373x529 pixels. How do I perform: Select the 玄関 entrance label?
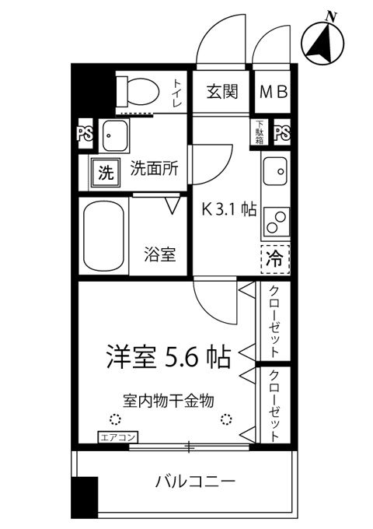click(x=222, y=92)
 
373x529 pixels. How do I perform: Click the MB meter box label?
click(x=274, y=92)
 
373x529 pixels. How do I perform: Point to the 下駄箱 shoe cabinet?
click(x=259, y=132)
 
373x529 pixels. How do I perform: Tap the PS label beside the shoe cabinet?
click(x=282, y=133)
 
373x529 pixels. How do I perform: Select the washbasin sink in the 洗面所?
click(x=115, y=135)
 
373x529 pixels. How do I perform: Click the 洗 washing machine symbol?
click(x=106, y=173)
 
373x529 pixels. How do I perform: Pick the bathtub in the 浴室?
click(x=103, y=236)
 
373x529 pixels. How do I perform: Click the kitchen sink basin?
click(x=275, y=170)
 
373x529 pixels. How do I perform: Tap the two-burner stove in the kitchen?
click(x=277, y=221)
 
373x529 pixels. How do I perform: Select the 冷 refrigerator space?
click(x=275, y=259)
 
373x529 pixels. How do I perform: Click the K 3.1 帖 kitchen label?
click(x=228, y=209)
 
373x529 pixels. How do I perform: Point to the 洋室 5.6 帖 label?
click(x=169, y=357)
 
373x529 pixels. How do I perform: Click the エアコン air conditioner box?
click(x=118, y=438)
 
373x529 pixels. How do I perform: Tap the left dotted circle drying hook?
click(x=115, y=419)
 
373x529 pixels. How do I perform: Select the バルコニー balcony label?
click(x=195, y=481)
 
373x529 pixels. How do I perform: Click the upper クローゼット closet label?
click(x=275, y=322)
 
